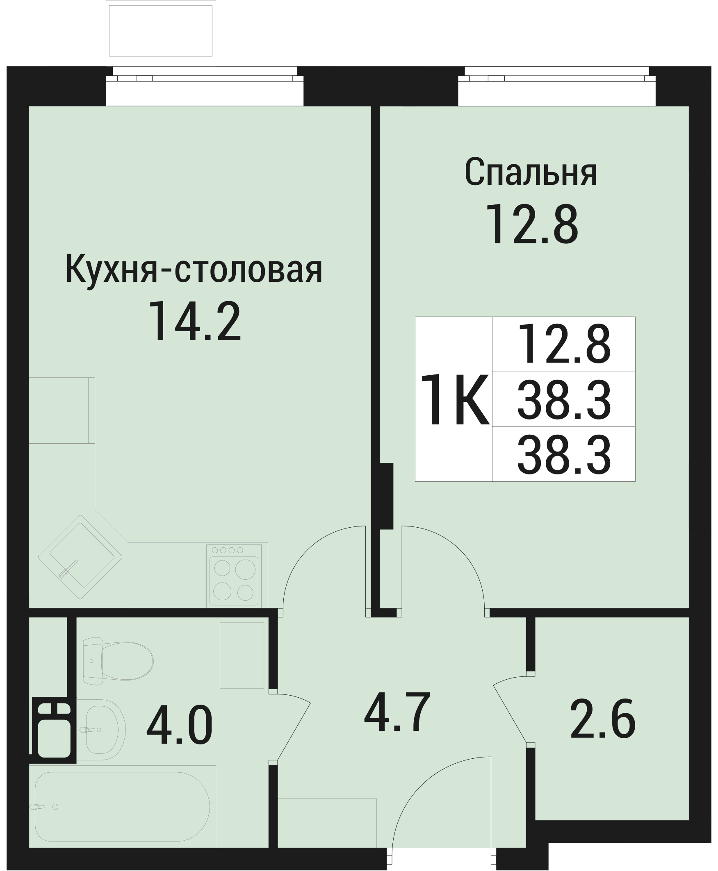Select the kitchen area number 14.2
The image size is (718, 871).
[x=194, y=321]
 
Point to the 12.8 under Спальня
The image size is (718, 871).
[x=532, y=226]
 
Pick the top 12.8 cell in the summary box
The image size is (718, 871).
[x=564, y=344]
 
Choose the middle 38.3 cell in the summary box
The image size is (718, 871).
[x=564, y=399]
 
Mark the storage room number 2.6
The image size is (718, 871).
[x=603, y=719]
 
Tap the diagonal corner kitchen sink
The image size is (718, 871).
[x=80, y=557]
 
